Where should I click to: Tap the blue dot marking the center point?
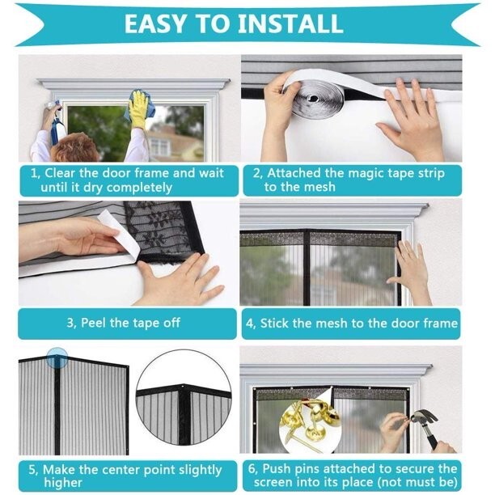(x=57, y=357)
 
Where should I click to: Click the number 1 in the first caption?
(x=34, y=172)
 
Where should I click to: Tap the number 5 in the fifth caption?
(x=33, y=470)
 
